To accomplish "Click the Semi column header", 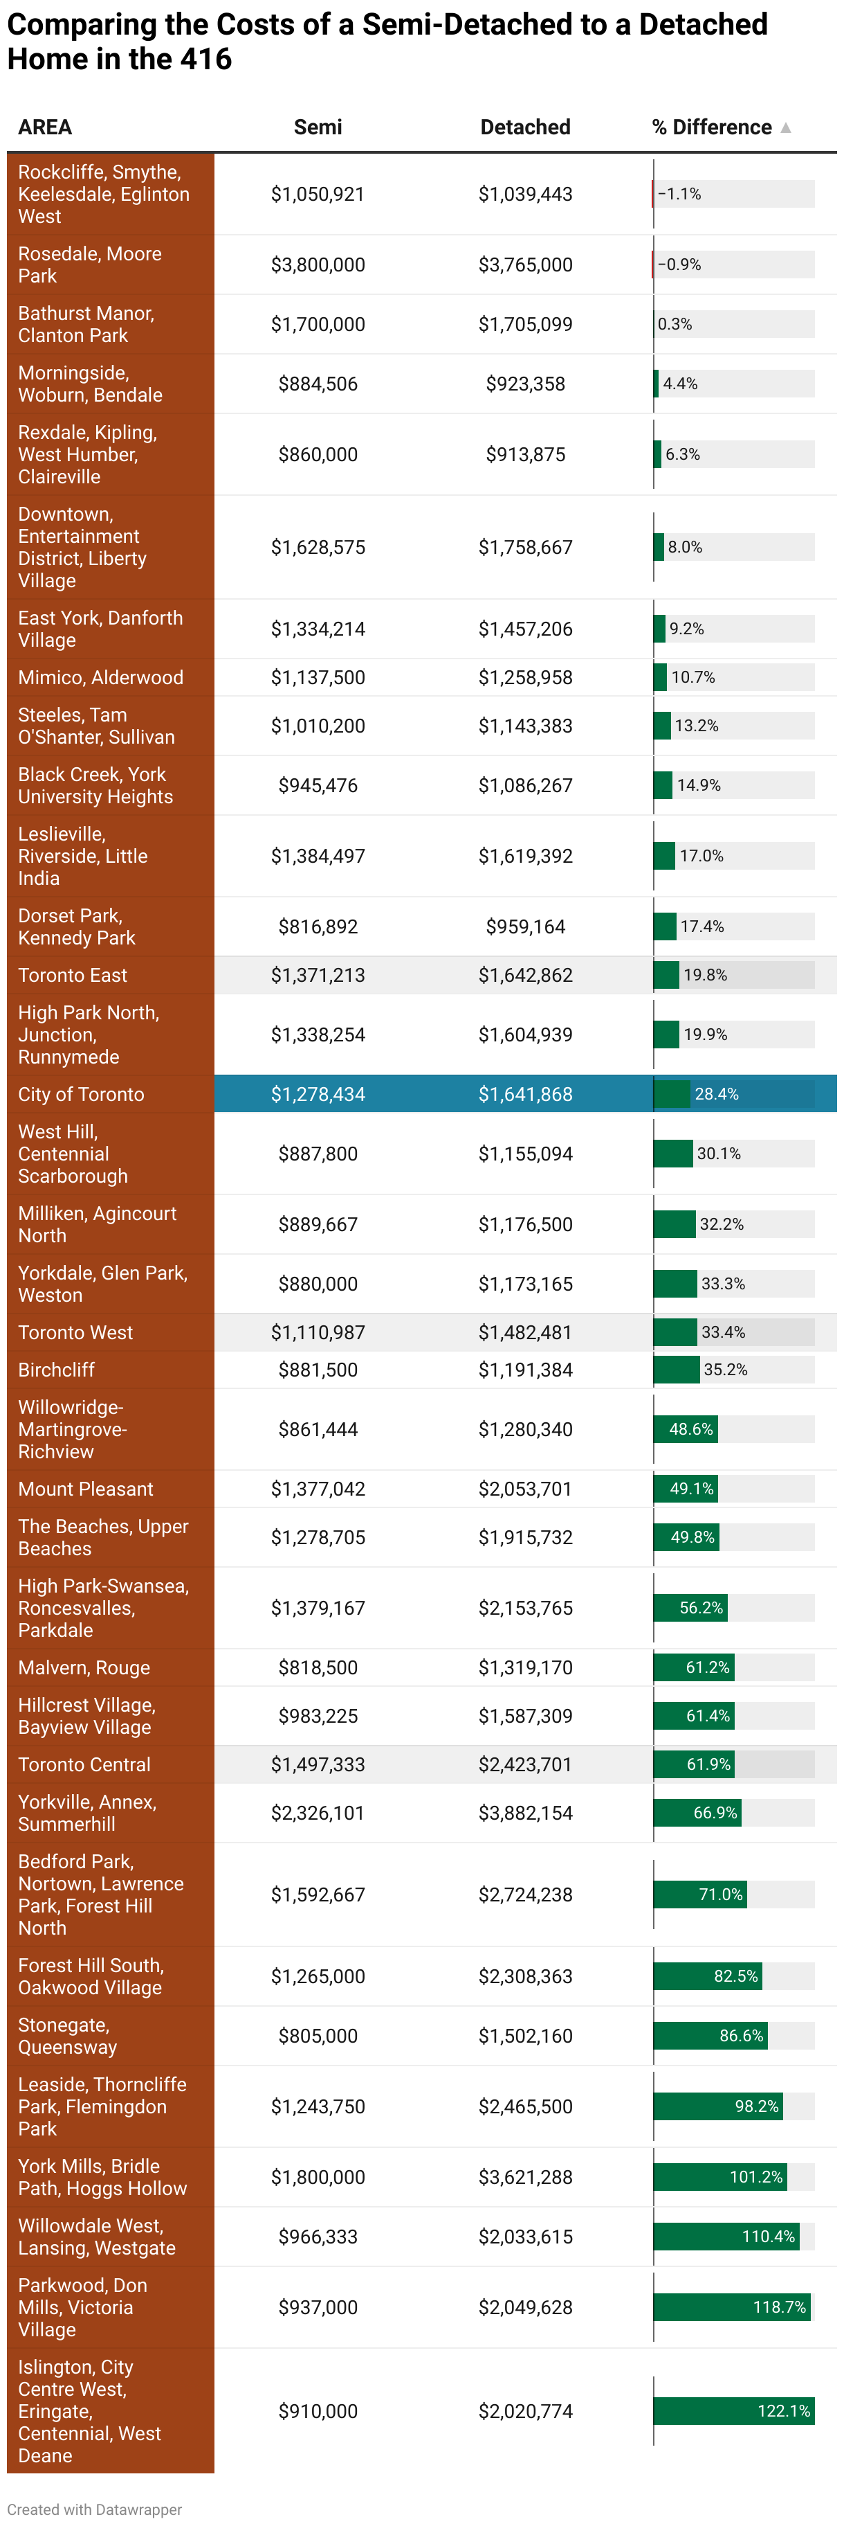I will click(x=318, y=127).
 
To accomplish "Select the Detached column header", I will click(x=524, y=127).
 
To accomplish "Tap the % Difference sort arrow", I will click(x=785, y=127).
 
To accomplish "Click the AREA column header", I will click(x=45, y=127).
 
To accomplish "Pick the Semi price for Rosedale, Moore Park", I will click(x=318, y=265).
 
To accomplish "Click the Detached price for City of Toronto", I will click(x=524, y=1094).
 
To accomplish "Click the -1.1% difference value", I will click(x=679, y=194).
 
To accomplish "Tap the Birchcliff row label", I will click(x=57, y=1370).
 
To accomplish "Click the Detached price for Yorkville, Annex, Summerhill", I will click(x=524, y=1813).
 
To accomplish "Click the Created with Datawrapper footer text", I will click(x=94, y=2509).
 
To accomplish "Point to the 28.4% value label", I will click(x=717, y=1094).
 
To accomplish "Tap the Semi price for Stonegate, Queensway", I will click(x=318, y=2036).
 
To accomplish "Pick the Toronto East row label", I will click(x=73, y=976).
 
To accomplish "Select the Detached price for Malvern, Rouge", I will click(x=524, y=1667).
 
